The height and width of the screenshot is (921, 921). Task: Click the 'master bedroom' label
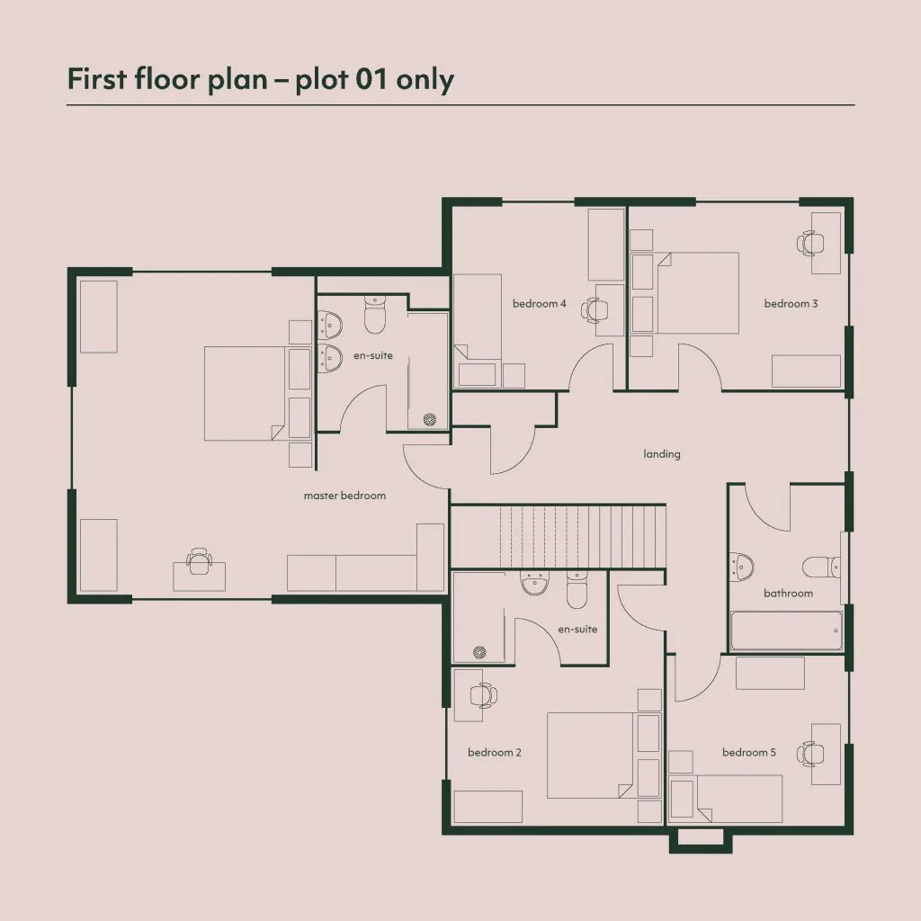click(x=344, y=496)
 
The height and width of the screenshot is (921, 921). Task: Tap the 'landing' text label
click(x=662, y=454)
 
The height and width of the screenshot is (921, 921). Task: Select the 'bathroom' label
click(x=788, y=594)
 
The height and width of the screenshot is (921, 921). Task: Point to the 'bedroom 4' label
click(x=540, y=304)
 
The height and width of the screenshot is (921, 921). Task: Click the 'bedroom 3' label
click(x=791, y=304)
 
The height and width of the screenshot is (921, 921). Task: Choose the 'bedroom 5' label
click(x=749, y=753)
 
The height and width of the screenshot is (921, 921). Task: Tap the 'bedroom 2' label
click(x=495, y=753)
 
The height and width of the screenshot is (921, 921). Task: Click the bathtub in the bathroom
click(x=786, y=630)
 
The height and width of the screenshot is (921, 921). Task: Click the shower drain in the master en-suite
click(x=430, y=419)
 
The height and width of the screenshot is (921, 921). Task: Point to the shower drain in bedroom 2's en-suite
click(x=479, y=651)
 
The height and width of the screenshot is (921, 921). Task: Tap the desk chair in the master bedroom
click(x=199, y=561)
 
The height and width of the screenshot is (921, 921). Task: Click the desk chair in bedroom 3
click(x=810, y=243)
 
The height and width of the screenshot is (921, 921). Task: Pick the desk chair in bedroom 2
click(x=483, y=695)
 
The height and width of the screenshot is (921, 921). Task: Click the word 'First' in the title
click(x=97, y=79)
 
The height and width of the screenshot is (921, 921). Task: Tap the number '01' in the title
click(x=372, y=79)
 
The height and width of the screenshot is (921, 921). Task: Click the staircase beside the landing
click(x=558, y=536)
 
